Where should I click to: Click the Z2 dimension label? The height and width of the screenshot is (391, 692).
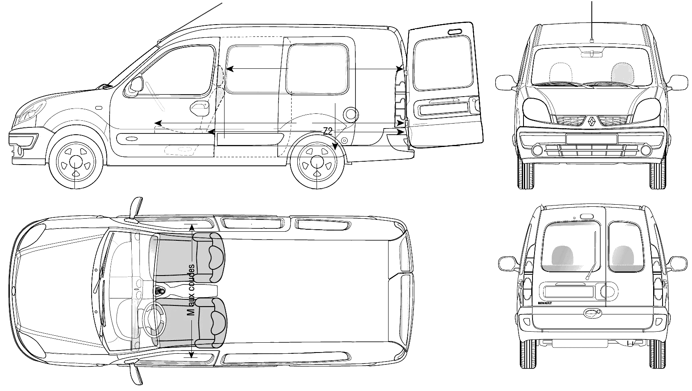(328, 131)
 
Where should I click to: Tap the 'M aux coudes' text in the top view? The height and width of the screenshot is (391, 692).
(191, 290)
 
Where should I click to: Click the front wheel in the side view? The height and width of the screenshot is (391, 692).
(76, 161)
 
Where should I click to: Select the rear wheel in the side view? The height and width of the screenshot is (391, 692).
(317, 161)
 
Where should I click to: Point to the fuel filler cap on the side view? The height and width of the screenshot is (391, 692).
(350, 114)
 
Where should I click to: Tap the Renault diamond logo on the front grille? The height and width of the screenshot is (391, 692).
(591, 121)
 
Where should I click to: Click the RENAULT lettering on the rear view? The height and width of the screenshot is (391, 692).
(545, 303)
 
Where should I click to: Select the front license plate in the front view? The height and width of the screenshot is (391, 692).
(591, 139)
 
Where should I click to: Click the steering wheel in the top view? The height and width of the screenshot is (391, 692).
(153, 321)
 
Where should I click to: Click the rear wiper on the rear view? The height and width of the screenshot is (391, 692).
(592, 255)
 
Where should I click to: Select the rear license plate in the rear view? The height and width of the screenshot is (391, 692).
(569, 292)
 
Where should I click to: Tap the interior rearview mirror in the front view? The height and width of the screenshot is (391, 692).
(592, 54)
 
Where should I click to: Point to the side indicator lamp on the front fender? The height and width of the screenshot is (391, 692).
(99, 108)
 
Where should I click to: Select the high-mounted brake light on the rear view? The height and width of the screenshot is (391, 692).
(587, 216)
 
